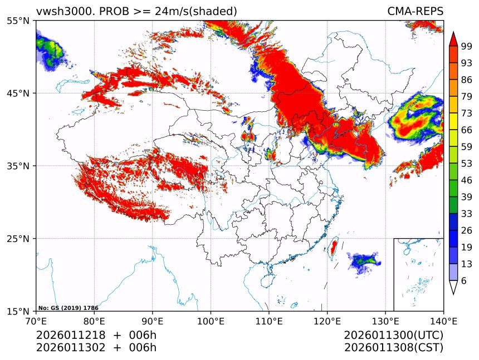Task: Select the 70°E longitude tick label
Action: coord(36,321)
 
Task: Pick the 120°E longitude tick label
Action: coord(327,321)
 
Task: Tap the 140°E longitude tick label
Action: coord(443,321)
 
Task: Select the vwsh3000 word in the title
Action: coord(59,11)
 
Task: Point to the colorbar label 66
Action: coord(467,130)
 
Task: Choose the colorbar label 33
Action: coord(467,214)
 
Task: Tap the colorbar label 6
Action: coord(464,281)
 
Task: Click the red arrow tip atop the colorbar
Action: coord(453,38)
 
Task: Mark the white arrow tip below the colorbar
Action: coord(453,288)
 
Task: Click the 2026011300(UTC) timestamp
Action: coord(393,336)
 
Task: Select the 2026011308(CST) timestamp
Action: coord(393,348)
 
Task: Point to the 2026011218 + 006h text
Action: coord(96,336)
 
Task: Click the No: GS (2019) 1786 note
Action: coord(68,307)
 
